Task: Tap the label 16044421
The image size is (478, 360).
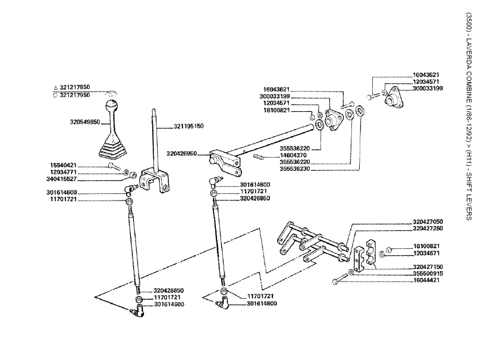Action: click(x=427, y=280)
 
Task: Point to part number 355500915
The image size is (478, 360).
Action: click(x=427, y=273)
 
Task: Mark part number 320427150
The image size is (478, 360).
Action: click(x=427, y=267)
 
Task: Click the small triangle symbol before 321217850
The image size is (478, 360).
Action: click(x=55, y=87)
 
